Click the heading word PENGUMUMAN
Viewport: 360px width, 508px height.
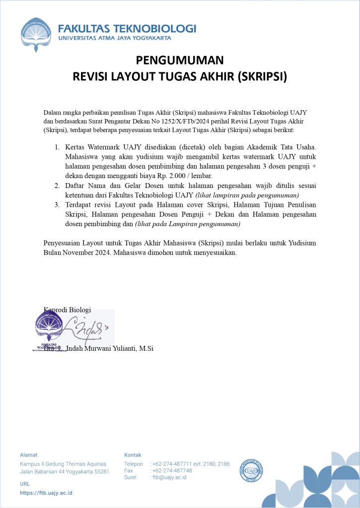(180, 61)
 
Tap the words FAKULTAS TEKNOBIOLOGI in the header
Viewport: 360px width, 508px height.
(127, 28)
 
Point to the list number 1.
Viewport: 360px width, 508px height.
(57, 147)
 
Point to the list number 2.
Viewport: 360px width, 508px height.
(57, 185)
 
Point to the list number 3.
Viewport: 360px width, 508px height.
(57, 204)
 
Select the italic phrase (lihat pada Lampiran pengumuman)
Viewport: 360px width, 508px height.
(188, 224)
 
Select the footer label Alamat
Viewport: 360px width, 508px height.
(28, 454)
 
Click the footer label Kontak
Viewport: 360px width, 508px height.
(133, 454)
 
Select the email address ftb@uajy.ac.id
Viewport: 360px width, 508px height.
(169, 477)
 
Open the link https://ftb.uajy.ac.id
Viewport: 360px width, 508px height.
(46, 493)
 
